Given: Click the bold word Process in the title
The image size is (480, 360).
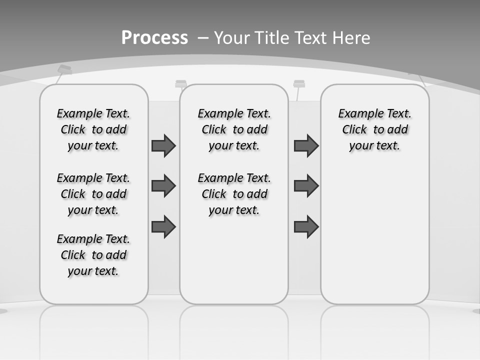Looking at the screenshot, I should click(x=154, y=38).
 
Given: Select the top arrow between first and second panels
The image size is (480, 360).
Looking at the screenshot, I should click(x=163, y=145).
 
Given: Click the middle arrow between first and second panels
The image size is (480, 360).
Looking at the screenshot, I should click(x=163, y=186).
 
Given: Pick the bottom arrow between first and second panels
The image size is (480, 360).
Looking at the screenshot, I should click(x=163, y=227).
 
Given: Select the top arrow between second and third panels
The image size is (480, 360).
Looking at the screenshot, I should click(x=306, y=145).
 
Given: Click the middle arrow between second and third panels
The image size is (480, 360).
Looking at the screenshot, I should click(x=306, y=186).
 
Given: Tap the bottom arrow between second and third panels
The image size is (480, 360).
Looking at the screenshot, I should click(x=306, y=227).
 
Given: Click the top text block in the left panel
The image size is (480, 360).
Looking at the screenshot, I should click(x=93, y=129).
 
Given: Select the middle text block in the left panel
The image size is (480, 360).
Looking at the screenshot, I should click(x=93, y=194).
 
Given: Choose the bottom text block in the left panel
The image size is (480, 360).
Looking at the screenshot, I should click(x=93, y=255).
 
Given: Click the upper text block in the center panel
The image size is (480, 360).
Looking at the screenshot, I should click(x=234, y=129).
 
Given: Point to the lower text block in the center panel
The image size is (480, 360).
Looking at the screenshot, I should click(x=234, y=194).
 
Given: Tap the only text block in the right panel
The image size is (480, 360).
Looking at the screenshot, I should click(x=374, y=129).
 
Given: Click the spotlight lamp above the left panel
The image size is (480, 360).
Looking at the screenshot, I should click(x=64, y=70).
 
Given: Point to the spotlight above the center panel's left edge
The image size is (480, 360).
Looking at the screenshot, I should click(x=181, y=84).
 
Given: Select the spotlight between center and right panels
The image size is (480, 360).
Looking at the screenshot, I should click(x=299, y=84).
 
